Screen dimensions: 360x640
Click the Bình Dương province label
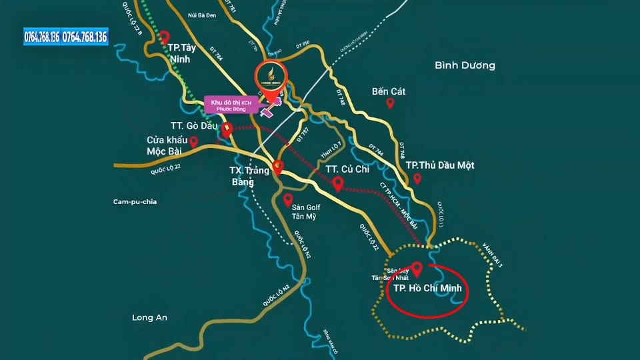(465, 65)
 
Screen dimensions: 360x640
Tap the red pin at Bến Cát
(391, 103)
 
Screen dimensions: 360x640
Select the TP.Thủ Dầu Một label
(440, 165)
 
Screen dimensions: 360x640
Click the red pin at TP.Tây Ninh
(165, 37)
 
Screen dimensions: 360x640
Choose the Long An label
(149, 317)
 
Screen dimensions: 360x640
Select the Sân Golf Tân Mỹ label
(307, 211)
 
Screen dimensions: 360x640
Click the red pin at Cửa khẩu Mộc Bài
(193, 141)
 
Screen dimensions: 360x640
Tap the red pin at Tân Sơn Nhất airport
(417, 269)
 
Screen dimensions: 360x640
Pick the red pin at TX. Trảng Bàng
(278, 166)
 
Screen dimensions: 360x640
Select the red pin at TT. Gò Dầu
(227, 129)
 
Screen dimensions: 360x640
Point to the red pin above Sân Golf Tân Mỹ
(288, 199)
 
